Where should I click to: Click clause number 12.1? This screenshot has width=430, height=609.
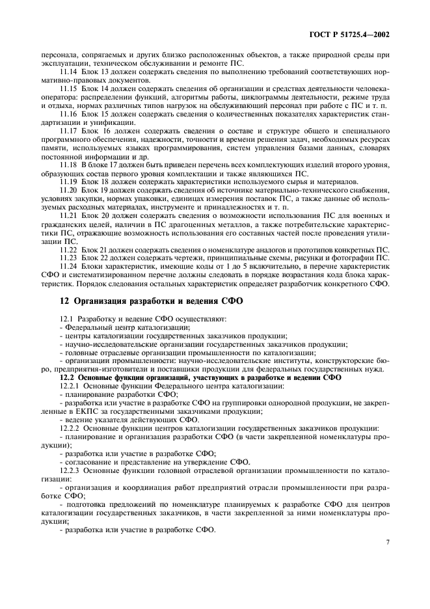67,319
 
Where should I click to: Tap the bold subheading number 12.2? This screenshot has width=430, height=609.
67,377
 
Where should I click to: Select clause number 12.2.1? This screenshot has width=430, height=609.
70,386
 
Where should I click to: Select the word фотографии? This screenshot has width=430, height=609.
371,258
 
